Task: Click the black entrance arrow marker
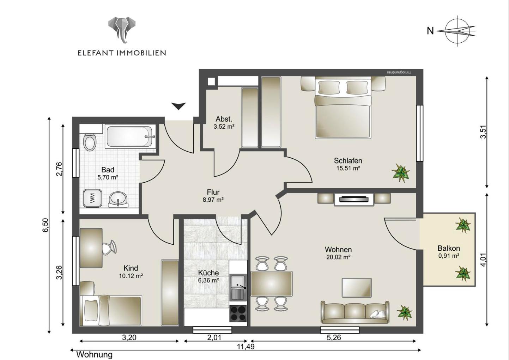pyautogui.click(x=178, y=106)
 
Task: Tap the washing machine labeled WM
pyautogui.click(x=92, y=198)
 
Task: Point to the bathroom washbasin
pyautogui.click(x=118, y=199)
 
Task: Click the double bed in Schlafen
pyautogui.click(x=343, y=108)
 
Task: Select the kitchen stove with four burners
pyautogui.click(x=238, y=313)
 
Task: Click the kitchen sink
pyautogui.click(x=238, y=287)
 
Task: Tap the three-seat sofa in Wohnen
pyautogui.click(x=355, y=312)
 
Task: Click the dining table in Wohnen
pyautogui.click(x=272, y=284)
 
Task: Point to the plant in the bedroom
pyautogui.click(x=401, y=172)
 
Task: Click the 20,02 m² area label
pyautogui.click(x=338, y=257)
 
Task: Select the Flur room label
pyautogui.click(x=213, y=192)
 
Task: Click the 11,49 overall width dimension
pyautogui.click(x=246, y=347)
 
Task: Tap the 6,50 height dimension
pyautogui.click(x=45, y=225)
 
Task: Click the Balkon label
pyautogui.click(x=449, y=248)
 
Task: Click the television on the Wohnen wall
pyautogui.click(x=354, y=199)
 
